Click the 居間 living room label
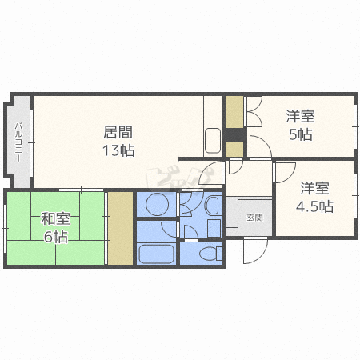click(x=118, y=133)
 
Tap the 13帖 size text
click(x=118, y=150)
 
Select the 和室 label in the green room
click(x=54, y=218)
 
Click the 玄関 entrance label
click(x=254, y=217)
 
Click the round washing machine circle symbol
click(x=156, y=205)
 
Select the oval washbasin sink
click(x=211, y=206)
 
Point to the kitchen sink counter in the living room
click(x=213, y=140)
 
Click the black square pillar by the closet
click(x=234, y=149)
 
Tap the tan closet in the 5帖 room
click(x=234, y=113)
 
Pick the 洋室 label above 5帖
click(x=301, y=116)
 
